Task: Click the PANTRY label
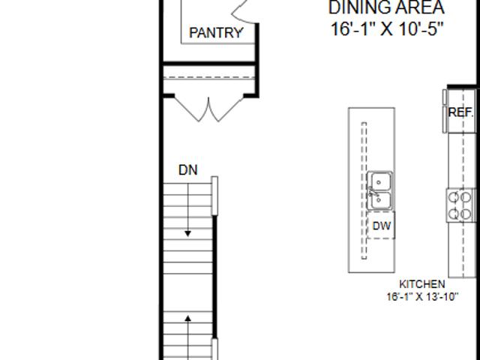tap(216, 33)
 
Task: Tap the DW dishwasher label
tap(382, 226)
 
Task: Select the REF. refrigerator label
tap(460, 112)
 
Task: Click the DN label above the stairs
tap(188, 170)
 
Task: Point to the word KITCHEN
tap(422, 284)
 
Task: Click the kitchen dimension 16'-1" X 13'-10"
tap(422, 297)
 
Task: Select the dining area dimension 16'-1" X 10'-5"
tap(387, 29)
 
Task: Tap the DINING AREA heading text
tap(386, 7)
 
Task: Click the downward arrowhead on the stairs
tap(188, 233)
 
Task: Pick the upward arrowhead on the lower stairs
tap(188, 319)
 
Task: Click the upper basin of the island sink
tap(379, 181)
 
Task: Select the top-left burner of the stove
tap(453, 197)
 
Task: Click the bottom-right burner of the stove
tap(466, 214)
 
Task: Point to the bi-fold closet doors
tap(209, 109)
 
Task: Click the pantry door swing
tap(243, 12)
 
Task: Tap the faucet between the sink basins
tap(372, 192)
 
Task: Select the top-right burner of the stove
tap(466, 197)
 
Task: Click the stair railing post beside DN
tap(215, 196)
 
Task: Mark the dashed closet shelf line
tap(209, 77)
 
